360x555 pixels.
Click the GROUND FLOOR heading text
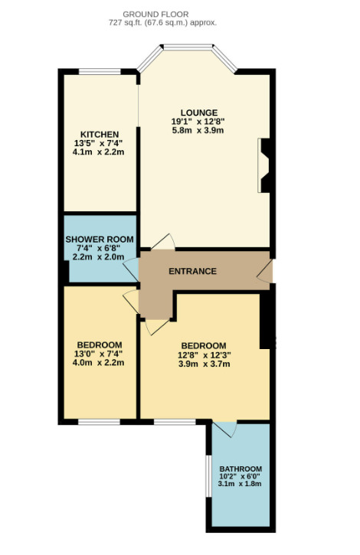pos(155,15)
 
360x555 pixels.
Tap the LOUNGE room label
pos(199,113)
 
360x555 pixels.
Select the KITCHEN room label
pos(100,135)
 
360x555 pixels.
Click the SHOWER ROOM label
pos(100,240)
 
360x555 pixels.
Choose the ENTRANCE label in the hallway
pos(192,271)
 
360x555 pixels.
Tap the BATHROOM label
pos(241,469)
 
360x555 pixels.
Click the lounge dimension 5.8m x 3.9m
pos(198,130)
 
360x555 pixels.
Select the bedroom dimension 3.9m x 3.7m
pos(205,364)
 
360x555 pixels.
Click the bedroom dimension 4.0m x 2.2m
pos(98,362)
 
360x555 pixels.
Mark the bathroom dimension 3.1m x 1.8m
pos(240,484)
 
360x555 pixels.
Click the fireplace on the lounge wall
pos(264,165)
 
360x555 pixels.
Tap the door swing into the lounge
pos(163,242)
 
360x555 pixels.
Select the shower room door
pos(131,269)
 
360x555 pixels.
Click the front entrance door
pos(265,271)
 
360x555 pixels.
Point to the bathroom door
pos(225,429)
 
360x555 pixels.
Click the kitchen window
pos(100,72)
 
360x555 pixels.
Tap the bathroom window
pos(209,475)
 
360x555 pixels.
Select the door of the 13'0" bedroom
pos(131,302)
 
